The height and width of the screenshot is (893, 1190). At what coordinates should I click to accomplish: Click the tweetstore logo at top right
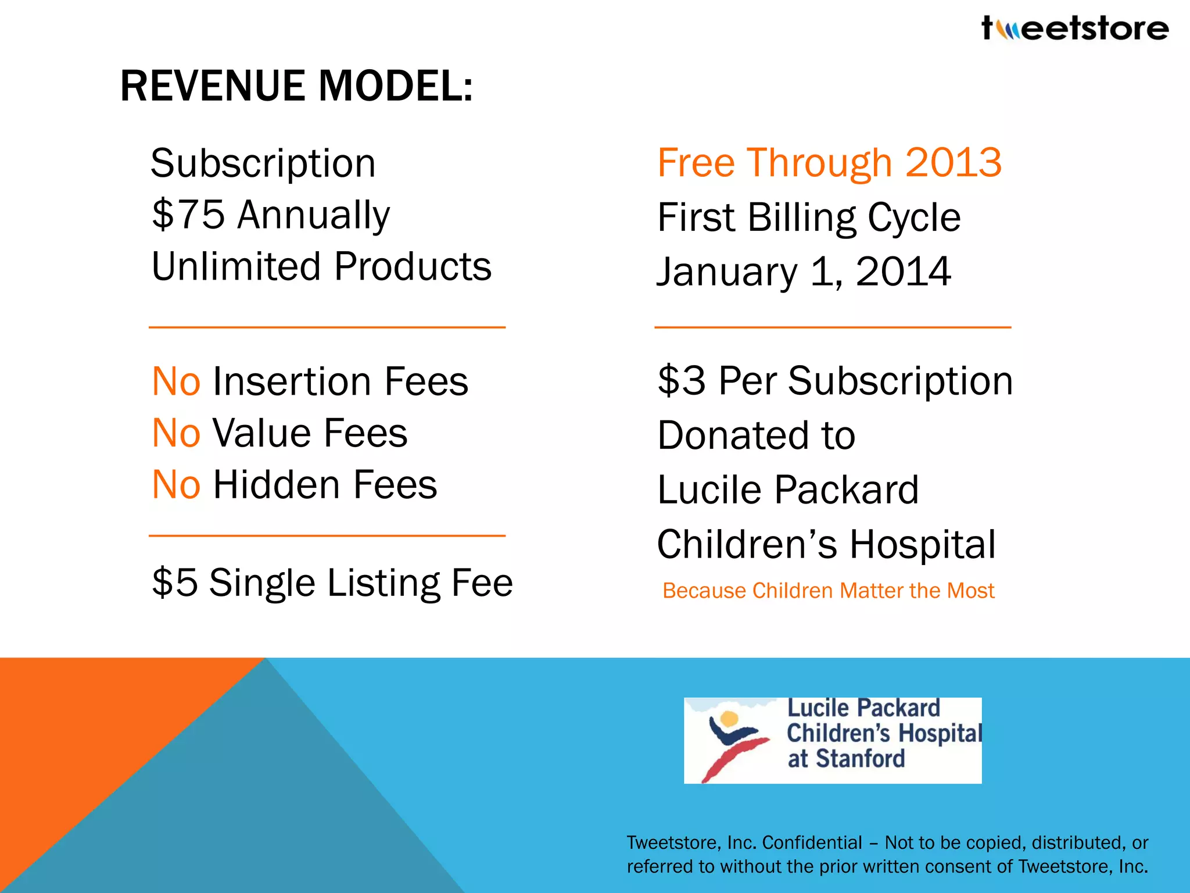click(1075, 28)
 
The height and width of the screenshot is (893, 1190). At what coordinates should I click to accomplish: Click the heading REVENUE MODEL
click(296, 86)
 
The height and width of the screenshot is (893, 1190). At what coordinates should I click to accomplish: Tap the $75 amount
click(188, 215)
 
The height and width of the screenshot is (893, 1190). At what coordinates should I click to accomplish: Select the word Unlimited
click(236, 266)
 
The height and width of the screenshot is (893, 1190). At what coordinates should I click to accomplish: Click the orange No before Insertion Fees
click(176, 382)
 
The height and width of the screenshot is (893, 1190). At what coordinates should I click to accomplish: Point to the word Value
click(262, 433)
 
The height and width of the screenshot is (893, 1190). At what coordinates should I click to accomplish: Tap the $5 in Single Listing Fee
click(174, 583)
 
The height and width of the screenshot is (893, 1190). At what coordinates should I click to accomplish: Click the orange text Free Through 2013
click(829, 163)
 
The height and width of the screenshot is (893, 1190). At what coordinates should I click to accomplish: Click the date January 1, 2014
click(804, 272)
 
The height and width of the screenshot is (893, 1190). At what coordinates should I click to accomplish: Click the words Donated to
click(756, 435)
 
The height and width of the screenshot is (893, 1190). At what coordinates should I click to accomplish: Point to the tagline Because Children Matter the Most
click(828, 591)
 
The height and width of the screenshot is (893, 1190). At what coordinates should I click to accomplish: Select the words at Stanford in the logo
click(846, 759)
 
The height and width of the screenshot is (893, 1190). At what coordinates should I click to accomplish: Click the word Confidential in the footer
click(812, 842)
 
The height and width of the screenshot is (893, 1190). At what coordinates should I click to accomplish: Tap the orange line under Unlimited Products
click(327, 327)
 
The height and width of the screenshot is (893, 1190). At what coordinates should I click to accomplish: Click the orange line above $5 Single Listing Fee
click(327, 535)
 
